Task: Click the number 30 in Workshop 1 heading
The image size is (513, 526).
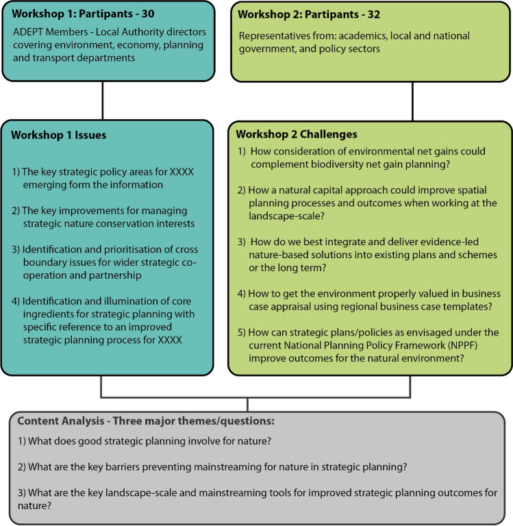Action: pos(148,14)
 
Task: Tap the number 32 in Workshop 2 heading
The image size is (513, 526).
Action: pos(373,14)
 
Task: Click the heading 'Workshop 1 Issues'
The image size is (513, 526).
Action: pos(59,135)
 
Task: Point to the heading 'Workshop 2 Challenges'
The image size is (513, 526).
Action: pos(297,134)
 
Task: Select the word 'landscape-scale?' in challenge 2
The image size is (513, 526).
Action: pos(286,216)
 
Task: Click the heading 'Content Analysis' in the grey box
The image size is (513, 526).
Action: pos(61,421)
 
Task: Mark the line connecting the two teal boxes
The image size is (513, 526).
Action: pos(102,100)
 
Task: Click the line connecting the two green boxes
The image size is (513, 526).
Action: pos(412,101)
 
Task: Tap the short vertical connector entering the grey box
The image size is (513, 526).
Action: pos(248,405)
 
